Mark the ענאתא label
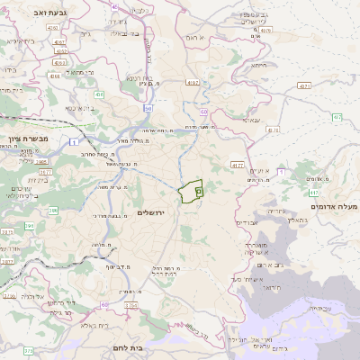pyautogui.click(x=252, y=119)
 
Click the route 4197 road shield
pyautogui.click(x=193, y=83)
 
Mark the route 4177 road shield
pyautogui.click(x=237, y=166)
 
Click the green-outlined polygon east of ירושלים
pyautogui.click(x=191, y=193)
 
